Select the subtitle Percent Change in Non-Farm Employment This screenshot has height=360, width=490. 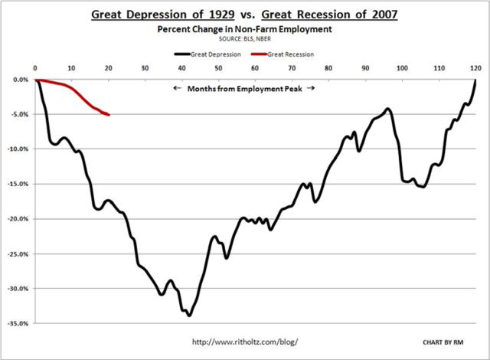[x=244, y=28]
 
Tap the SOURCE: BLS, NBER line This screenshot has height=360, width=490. [x=244, y=38]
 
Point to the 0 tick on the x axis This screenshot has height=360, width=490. [x=36, y=68]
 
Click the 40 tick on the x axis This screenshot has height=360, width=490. [x=182, y=68]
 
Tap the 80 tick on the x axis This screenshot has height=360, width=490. [x=329, y=68]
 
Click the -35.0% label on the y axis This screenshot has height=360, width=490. [x=18, y=324]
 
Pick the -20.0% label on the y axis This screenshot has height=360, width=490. [x=18, y=219]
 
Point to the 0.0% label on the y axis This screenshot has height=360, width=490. [x=21, y=80]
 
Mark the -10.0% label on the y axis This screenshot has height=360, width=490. [x=18, y=149]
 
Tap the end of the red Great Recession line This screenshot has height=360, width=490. [x=109, y=115]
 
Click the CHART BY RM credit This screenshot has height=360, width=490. [x=445, y=340]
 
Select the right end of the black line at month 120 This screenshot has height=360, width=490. [x=476, y=80]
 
